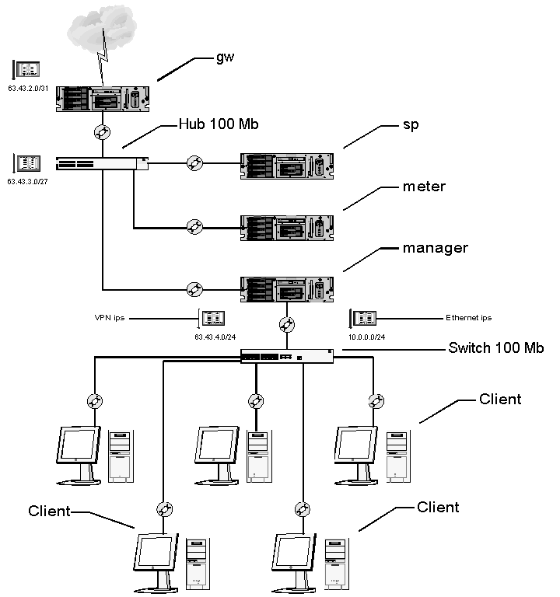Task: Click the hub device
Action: click(x=102, y=163)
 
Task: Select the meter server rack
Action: click(x=286, y=228)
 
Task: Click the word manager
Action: click(x=436, y=249)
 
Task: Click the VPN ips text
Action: click(x=109, y=318)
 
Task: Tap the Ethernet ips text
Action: click(x=468, y=318)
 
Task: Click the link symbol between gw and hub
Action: click(x=102, y=131)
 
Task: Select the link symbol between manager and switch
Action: click(x=288, y=324)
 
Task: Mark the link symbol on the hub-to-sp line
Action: click(x=195, y=163)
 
